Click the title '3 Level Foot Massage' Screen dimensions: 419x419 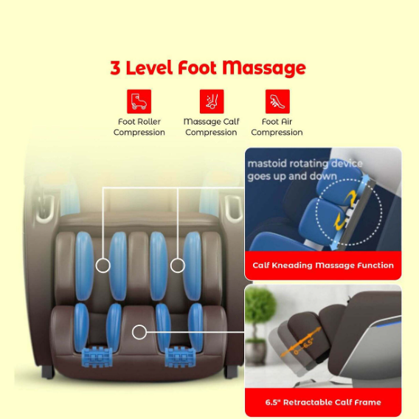208,68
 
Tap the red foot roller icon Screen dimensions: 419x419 139,101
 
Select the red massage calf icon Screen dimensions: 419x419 211,101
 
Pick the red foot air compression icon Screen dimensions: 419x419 277,101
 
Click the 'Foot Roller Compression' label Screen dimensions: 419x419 139,127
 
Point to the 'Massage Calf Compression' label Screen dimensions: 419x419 211,127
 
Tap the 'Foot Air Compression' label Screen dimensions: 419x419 277,127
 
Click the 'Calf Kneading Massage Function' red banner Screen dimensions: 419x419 323,265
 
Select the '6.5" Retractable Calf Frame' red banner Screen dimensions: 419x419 323,402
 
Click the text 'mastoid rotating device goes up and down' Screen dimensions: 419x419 305,170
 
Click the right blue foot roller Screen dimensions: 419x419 179,353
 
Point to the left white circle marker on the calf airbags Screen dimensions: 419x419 103,264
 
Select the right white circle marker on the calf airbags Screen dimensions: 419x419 176,264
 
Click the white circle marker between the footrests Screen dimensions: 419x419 139,332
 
